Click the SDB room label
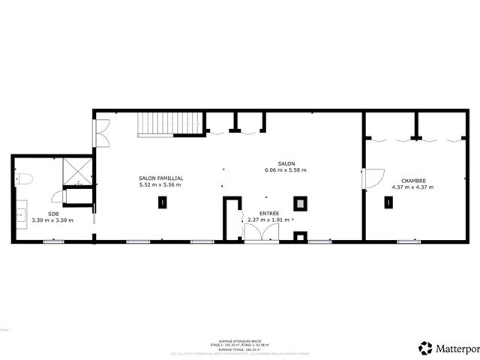[x=52, y=213]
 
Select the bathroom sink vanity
[x=20, y=216]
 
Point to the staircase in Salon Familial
[x=171, y=124]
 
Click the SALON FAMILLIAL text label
[x=160, y=178]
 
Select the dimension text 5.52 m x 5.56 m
[x=160, y=184]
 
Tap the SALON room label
[x=286, y=163]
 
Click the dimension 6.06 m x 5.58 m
[x=286, y=170]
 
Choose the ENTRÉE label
[x=269, y=213]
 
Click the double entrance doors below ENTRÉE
[x=262, y=233]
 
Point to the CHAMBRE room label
[x=413, y=181]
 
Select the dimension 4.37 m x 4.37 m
[x=413, y=187]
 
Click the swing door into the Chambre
[x=372, y=178]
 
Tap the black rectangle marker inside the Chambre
[x=388, y=202]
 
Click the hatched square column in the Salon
[x=301, y=202]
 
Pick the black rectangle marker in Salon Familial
[x=162, y=202]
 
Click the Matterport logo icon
[x=426, y=347]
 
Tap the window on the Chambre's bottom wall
[x=409, y=241]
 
